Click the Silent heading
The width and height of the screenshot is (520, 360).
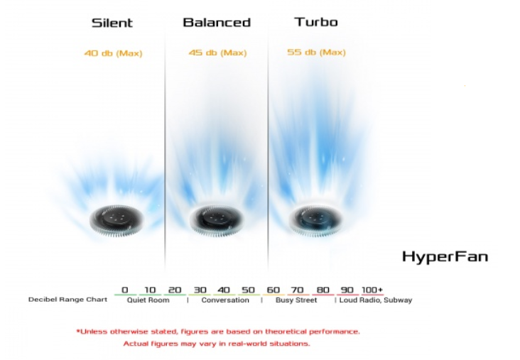click(112, 23)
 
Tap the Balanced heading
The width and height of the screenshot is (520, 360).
click(217, 22)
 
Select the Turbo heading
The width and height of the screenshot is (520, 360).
click(316, 22)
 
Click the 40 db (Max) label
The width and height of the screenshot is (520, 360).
click(113, 53)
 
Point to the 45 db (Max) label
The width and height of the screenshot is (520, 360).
click(217, 53)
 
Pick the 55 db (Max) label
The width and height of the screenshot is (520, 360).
click(316, 52)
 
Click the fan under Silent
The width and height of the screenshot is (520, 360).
click(117, 220)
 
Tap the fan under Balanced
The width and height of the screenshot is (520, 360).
click(216, 220)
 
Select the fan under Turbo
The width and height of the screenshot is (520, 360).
click(315, 219)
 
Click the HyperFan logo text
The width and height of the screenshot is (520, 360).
click(445, 257)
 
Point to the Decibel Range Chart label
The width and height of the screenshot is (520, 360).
click(67, 300)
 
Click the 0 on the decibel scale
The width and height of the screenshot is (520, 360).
click(125, 290)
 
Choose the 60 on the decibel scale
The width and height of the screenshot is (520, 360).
click(273, 290)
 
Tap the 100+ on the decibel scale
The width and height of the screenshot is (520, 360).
click(372, 290)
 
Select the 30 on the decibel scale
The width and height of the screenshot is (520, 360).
click(200, 290)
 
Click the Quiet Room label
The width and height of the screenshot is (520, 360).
click(148, 300)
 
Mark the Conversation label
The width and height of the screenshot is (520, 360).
click(225, 300)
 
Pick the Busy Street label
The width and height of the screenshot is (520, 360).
click(296, 300)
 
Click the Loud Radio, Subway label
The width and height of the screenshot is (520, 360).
click(376, 300)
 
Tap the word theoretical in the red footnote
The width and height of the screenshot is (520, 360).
click(286, 332)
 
